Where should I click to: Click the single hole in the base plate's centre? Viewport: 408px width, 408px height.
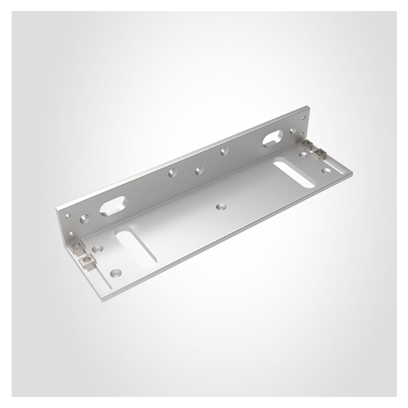coord(220,206)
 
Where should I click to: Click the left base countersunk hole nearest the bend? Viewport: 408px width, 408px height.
coord(97,249)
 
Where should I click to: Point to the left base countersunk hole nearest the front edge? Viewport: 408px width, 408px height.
coord(115,272)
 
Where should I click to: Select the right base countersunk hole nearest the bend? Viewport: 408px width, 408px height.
coord(304,155)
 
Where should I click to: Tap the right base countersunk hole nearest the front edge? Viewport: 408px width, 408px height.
coord(326,171)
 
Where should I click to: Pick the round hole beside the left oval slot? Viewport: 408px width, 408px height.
coord(85,219)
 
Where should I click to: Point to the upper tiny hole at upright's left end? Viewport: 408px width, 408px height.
coord(68,216)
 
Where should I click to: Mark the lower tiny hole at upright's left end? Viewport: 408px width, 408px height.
coord(69,232)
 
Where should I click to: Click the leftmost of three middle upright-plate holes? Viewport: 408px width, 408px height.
coord(171,173)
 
